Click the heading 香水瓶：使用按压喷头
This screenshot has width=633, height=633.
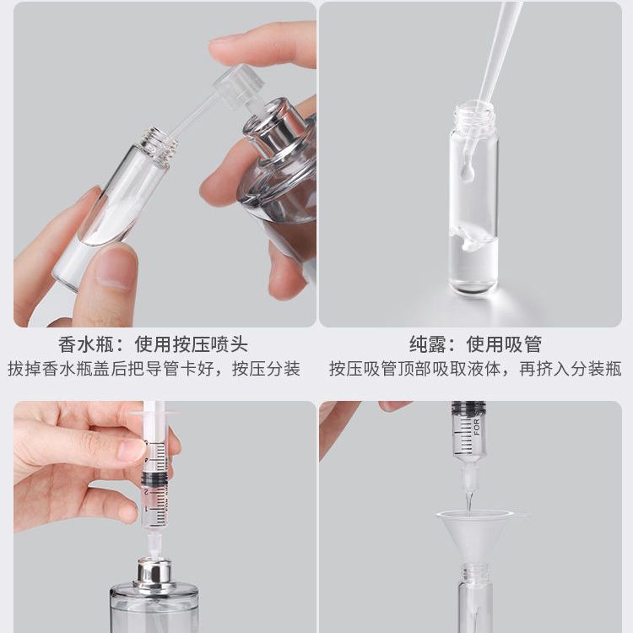coord(153,344)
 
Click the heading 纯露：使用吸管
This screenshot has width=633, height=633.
coord(475,344)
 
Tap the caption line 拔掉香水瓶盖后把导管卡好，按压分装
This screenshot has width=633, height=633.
coord(154,369)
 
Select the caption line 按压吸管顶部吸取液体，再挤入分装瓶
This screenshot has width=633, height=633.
coord(475,369)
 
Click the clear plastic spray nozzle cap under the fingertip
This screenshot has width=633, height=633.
coord(239,86)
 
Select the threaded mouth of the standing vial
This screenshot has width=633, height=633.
coord(474,115)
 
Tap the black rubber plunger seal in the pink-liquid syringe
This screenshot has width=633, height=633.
coord(155,479)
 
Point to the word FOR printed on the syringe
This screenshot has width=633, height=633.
coord(477,427)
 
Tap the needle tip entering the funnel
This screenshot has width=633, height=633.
coord(469,511)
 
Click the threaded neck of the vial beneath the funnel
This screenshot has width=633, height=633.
coord(476,574)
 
